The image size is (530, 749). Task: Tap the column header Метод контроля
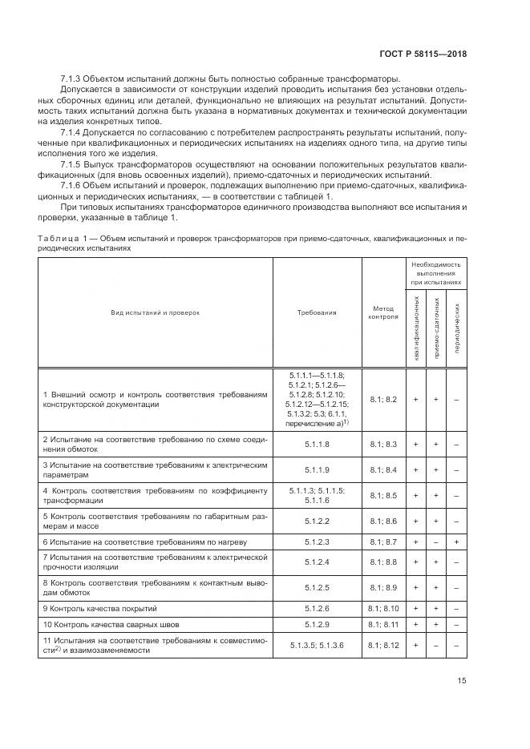pos(382,312)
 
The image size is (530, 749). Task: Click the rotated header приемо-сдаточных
pos(437,328)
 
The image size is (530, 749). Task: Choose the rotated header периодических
pos(456,328)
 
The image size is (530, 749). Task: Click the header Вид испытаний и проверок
pos(155,313)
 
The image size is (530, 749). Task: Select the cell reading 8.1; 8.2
pos(382,399)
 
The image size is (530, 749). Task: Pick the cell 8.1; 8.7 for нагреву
pos(382,542)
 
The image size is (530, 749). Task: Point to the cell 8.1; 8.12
pos(382,644)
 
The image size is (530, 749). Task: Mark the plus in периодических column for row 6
pos(456,542)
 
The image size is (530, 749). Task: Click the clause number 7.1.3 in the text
pos(72,78)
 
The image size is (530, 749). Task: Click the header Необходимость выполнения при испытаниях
pos(436,273)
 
